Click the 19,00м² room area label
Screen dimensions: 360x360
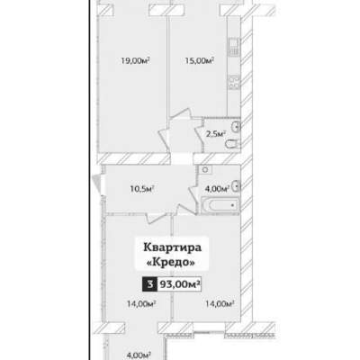(135, 61)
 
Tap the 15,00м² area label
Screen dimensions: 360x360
(199, 61)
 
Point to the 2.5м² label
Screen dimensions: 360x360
(216, 134)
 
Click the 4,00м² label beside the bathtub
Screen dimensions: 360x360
(217, 189)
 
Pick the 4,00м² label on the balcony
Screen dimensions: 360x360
(139, 355)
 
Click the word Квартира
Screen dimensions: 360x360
(172, 248)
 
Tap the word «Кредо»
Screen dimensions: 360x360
(170, 263)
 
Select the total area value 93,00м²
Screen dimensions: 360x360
(180, 284)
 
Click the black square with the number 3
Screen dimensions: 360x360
(149, 284)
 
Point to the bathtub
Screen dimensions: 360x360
(220, 205)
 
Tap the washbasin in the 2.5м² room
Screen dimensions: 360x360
(237, 127)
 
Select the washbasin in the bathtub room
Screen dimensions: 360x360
(237, 186)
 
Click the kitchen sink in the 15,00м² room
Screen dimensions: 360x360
(234, 48)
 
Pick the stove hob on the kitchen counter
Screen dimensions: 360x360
(234, 82)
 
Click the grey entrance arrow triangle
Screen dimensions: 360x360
(96, 182)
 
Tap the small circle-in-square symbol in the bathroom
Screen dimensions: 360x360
(205, 169)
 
